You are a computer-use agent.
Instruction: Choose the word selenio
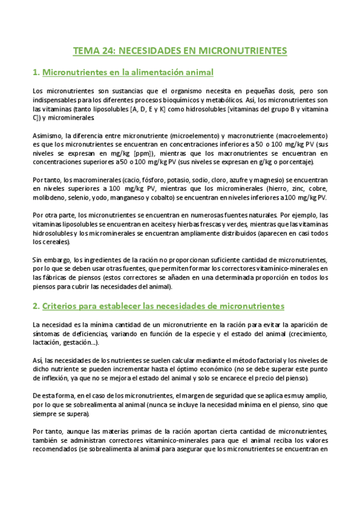[x=79, y=198]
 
